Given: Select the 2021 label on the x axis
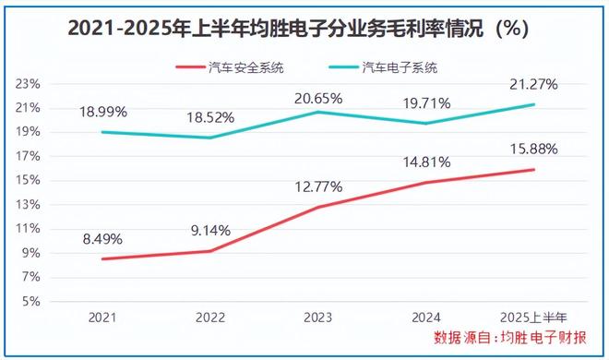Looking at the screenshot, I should (103, 317).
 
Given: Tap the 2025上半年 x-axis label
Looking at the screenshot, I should (532, 317).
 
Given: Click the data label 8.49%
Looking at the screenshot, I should (103, 237).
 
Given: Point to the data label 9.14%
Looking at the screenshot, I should (211, 229).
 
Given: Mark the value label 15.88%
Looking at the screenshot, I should (533, 148).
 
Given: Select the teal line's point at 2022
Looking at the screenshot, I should (211, 138).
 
